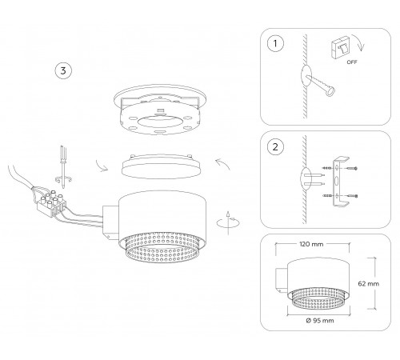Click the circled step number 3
[62, 70]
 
